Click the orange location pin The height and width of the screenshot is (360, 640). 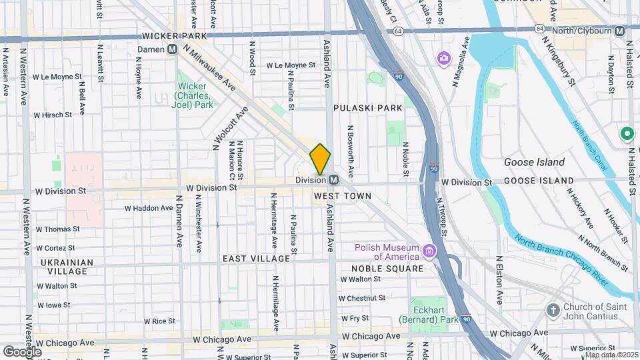[320, 159]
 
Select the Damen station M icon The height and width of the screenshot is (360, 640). [172, 49]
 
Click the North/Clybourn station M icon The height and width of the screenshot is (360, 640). [620, 31]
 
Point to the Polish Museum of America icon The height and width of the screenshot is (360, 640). [429, 253]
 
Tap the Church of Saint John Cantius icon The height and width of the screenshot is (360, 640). [552, 310]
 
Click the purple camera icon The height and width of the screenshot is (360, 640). [443, 59]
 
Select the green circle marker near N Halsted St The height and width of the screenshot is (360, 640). [627, 134]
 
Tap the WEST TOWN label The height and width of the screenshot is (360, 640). [342, 196]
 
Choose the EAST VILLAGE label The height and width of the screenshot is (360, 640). [257, 259]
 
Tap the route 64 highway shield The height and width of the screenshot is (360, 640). [398, 31]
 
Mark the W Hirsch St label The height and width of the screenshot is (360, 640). [57, 115]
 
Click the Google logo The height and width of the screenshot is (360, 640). [22, 351]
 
